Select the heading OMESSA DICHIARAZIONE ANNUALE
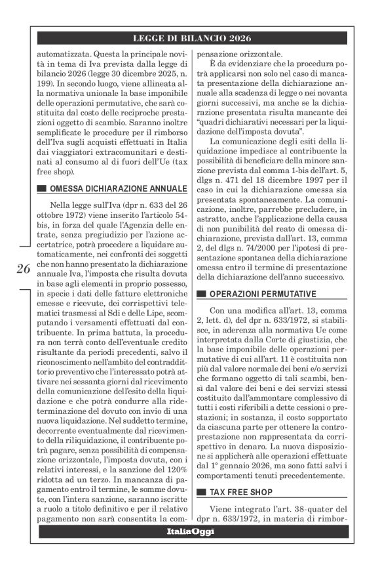(117, 190)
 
